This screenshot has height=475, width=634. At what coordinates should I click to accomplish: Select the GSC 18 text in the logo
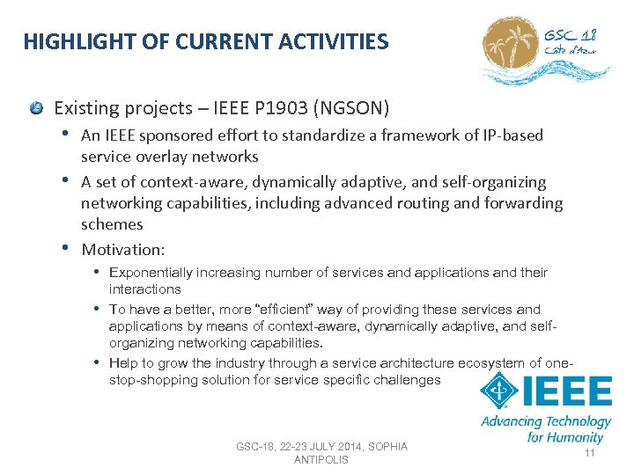pyautogui.click(x=570, y=35)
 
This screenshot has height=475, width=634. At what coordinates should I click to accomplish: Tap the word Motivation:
pyautogui.click(x=122, y=250)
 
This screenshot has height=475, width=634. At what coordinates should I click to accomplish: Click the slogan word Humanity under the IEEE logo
pyautogui.click(x=574, y=436)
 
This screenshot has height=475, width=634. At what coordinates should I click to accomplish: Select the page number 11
pyautogui.click(x=590, y=453)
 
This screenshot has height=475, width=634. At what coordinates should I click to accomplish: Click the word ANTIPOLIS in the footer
pyautogui.click(x=321, y=460)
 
